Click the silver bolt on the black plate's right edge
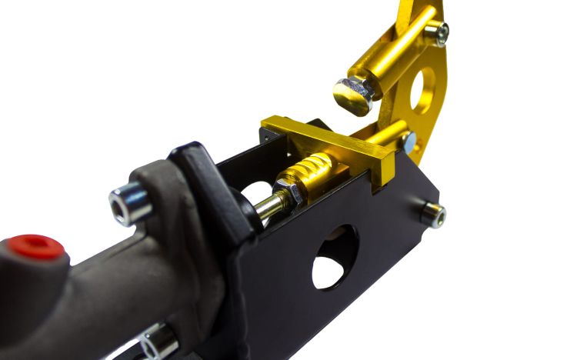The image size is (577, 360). (x=433, y=215)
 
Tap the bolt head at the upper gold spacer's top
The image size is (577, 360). (x=437, y=32)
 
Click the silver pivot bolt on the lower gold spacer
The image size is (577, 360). (x=407, y=140)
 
